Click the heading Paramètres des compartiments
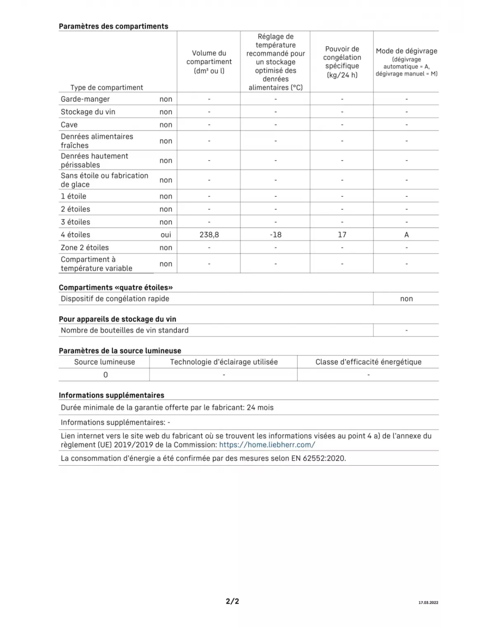[113, 26]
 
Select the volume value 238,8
[209, 235]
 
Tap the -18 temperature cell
[276, 235]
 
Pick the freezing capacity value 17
[342, 235]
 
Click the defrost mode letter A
[407, 235]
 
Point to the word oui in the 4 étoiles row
[166, 235]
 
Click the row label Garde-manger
[85, 99]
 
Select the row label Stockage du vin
[88, 112]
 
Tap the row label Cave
[69, 125]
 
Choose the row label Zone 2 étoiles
[85, 247]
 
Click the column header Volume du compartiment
[209, 62]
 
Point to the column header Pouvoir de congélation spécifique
[342, 62]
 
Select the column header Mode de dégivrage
[407, 51]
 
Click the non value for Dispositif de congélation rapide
[407, 299]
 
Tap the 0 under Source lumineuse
[105, 375]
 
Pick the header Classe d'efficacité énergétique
[368, 362]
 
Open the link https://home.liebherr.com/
[267, 445]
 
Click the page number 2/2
[232, 601]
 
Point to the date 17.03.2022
[428, 603]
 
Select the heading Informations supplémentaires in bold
[112, 396]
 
